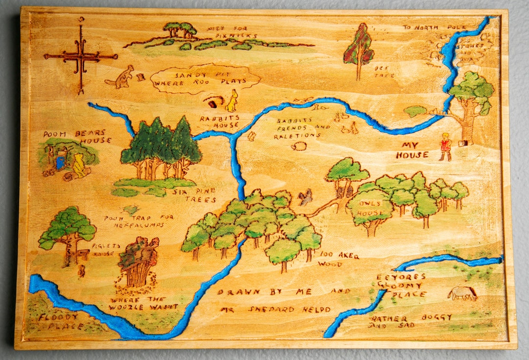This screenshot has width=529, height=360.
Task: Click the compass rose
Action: [x=80, y=57]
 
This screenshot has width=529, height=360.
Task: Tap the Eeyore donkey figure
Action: [x=461, y=293]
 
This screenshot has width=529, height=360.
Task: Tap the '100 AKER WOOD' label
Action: [x=338, y=259]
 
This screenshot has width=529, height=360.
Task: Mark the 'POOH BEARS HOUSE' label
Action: [x=76, y=137]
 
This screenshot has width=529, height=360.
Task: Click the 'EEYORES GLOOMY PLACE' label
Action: [x=401, y=286]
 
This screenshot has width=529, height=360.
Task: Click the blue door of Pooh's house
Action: [x=60, y=162]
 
